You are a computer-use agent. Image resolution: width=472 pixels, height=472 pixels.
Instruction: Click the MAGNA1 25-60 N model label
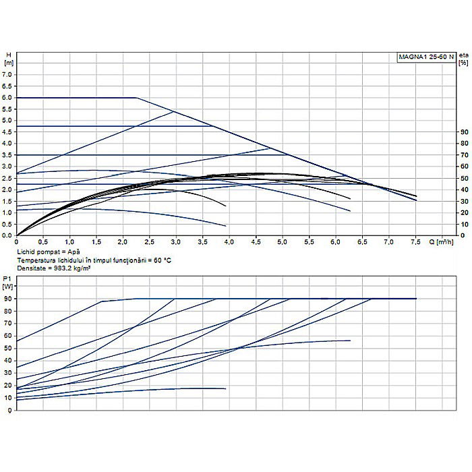point(425,57)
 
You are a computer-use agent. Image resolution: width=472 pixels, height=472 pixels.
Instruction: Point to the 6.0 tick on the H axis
point(8,98)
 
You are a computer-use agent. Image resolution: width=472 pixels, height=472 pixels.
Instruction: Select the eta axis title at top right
point(463,59)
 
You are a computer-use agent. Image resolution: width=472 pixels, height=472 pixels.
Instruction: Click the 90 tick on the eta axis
point(463,132)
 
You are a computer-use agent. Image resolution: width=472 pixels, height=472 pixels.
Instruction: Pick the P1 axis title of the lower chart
point(8,282)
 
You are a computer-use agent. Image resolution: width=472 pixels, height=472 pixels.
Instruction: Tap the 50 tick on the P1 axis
point(8,348)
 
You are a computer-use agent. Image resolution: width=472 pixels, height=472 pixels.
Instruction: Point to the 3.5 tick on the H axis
point(8,155)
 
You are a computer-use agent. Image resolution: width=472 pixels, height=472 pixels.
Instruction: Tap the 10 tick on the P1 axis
point(8,398)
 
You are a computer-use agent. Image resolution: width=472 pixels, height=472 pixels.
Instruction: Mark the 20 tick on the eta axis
point(463,212)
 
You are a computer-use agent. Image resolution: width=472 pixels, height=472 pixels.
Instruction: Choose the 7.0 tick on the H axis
point(8,75)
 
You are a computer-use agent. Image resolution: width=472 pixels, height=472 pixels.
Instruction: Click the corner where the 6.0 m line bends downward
point(137,98)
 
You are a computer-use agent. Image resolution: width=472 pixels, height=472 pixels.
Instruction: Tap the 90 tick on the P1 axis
point(8,298)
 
